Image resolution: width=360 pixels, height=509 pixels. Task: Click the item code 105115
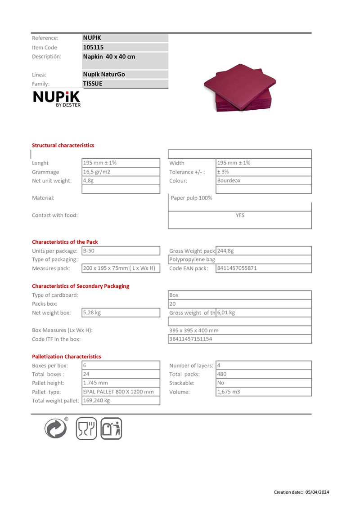pyautogui.click(x=94, y=47)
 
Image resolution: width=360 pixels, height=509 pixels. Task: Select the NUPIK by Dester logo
pyautogui.click(x=57, y=99)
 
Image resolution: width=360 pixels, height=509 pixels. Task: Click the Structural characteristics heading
pyautogui.click(x=63, y=145)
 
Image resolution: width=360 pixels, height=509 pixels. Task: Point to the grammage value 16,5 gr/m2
pyautogui.click(x=97, y=172)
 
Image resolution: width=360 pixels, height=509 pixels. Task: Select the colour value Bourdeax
pyautogui.click(x=229, y=181)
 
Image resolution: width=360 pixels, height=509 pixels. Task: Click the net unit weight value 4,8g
pyautogui.click(x=88, y=181)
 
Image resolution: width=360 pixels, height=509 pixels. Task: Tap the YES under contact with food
pyautogui.click(x=240, y=215)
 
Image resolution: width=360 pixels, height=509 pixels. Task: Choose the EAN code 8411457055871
pyautogui.click(x=237, y=268)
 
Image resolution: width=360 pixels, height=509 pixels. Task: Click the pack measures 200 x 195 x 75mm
pyautogui.click(x=119, y=268)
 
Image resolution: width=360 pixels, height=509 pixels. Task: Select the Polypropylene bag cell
pyautogui.click(x=192, y=259)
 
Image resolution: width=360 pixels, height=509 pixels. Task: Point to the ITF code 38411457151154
pyautogui.click(x=191, y=339)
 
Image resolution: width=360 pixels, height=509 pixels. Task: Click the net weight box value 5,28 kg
pyautogui.click(x=92, y=313)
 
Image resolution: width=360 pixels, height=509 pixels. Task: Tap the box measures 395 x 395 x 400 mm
pyautogui.click(x=194, y=330)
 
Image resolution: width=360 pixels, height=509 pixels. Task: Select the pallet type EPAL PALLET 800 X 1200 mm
pyautogui.click(x=118, y=392)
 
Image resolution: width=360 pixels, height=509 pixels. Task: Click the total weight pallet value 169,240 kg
pyautogui.click(x=96, y=401)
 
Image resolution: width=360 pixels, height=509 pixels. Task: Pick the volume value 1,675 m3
pyautogui.click(x=229, y=392)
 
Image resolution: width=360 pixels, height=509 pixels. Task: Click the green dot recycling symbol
pyautogui.click(x=56, y=428)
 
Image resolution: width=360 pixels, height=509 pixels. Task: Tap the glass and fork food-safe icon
pyautogui.click(x=86, y=428)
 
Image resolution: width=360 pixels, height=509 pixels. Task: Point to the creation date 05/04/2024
pyautogui.click(x=317, y=492)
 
